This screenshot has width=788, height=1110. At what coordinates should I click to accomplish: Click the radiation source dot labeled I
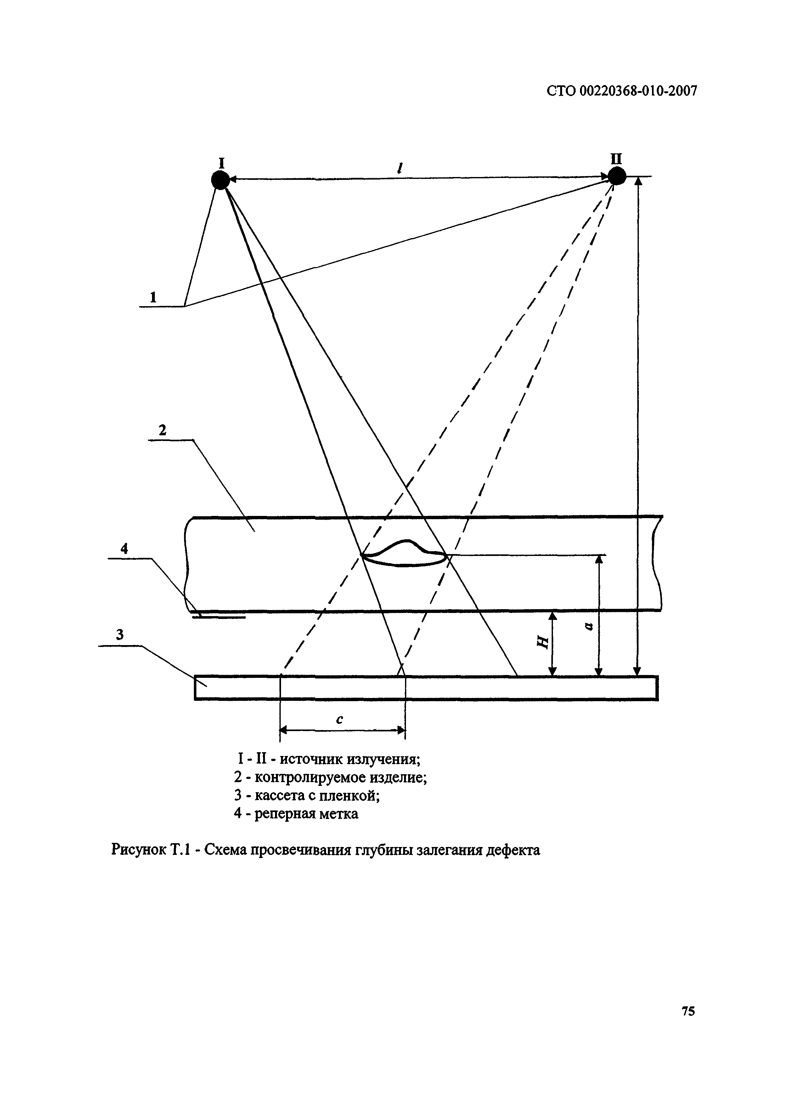pyautogui.click(x=220, y=180)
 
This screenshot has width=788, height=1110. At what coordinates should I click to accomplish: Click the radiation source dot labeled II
pyautogui.click(x=617, y=176)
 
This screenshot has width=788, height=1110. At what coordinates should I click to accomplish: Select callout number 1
pyautogui.click(x=153, y=297)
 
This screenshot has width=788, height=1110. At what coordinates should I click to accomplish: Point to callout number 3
pyautogui.click(x=119, y=635)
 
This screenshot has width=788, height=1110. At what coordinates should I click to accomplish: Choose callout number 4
pyautogui.click(x=124, y=549)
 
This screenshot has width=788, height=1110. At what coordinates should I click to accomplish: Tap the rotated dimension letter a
pyautogui.click(x=589, y=627)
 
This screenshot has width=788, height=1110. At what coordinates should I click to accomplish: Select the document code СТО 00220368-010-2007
pyautogui.click(x=622, y=91)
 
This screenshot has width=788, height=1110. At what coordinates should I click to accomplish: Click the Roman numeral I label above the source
pyautogui.click(x=221, y=162)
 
